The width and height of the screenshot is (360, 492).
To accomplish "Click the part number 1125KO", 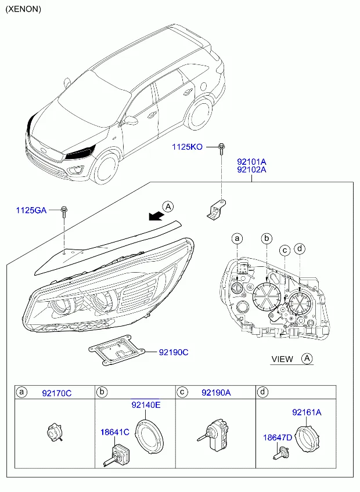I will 187,147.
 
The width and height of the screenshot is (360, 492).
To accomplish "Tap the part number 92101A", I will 251,161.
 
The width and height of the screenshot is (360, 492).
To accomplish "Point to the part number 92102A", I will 251,170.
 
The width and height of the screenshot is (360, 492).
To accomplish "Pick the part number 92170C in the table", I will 56,393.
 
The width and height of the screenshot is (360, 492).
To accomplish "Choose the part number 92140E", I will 146,405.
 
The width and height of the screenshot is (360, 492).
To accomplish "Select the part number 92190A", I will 216,393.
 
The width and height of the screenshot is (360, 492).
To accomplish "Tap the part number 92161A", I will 307,413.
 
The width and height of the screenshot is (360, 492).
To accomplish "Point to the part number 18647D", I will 277,437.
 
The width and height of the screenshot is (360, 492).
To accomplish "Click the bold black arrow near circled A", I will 154,216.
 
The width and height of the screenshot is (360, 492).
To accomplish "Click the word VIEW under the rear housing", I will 282,359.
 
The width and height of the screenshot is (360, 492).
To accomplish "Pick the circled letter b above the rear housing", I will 267,238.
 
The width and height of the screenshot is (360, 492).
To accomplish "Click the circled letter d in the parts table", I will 263,393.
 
